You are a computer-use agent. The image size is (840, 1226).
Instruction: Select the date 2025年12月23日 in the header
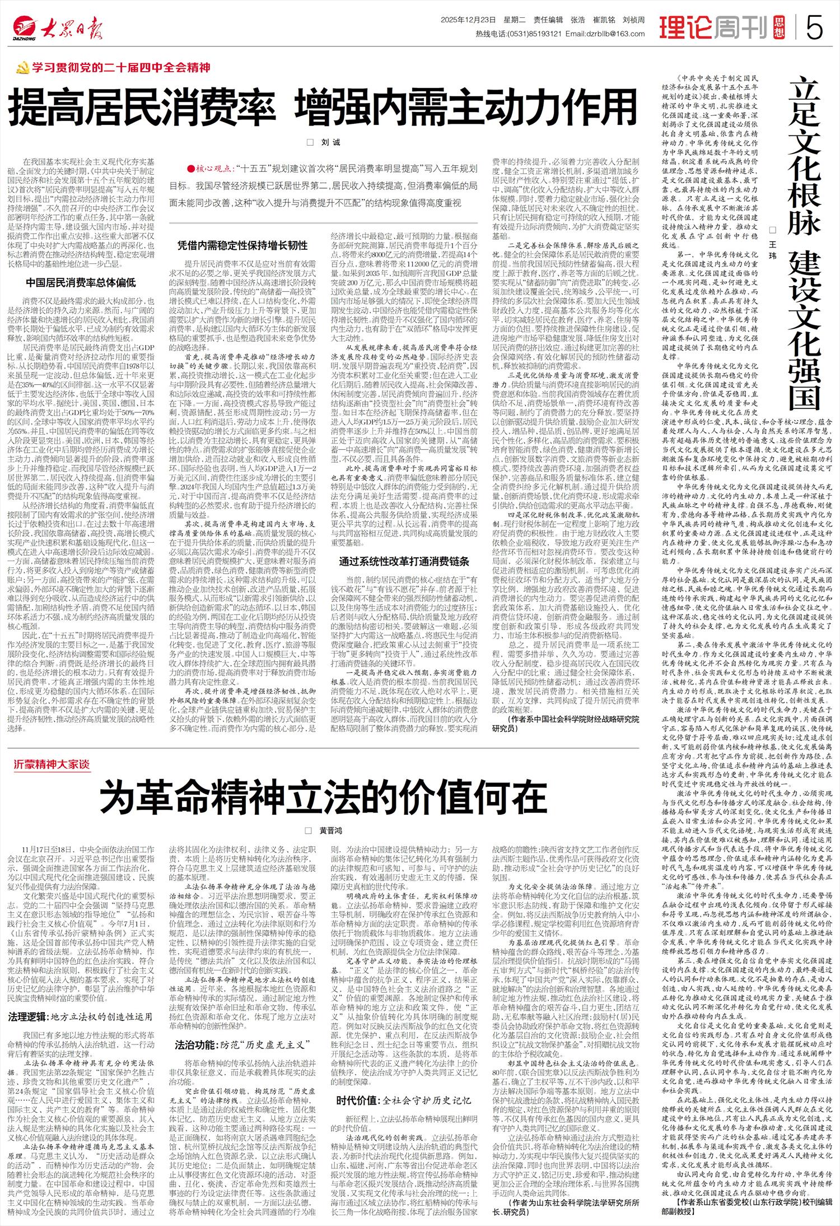pyautogui.click(x=468, y=20)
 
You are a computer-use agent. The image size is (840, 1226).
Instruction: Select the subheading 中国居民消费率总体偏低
pyautogui.click(x=81, y=282)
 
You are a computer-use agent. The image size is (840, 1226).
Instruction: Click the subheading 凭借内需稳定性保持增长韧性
pyautogui.click(x=242, y=245)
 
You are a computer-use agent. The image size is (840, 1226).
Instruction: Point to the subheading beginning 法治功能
pyautogui.click(x=242, y=1045)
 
